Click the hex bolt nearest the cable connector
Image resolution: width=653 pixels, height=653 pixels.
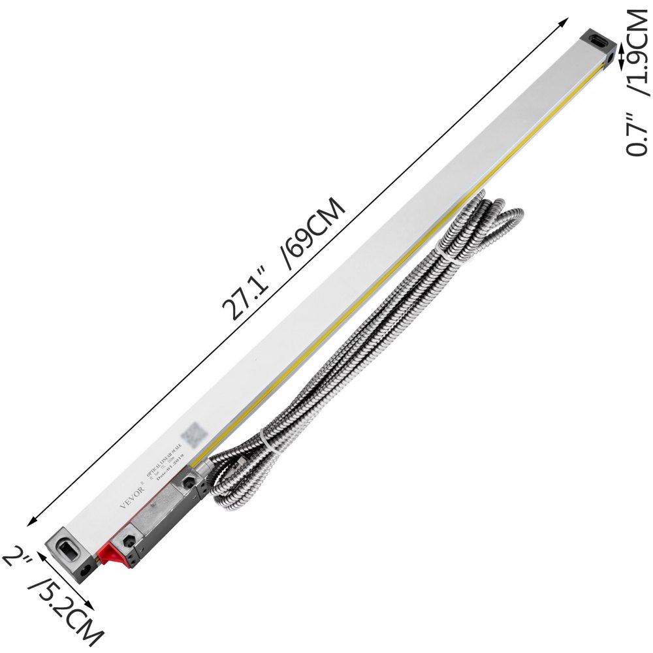(x=189, y=483)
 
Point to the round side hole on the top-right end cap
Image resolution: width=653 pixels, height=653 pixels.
(x=610, y=61)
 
